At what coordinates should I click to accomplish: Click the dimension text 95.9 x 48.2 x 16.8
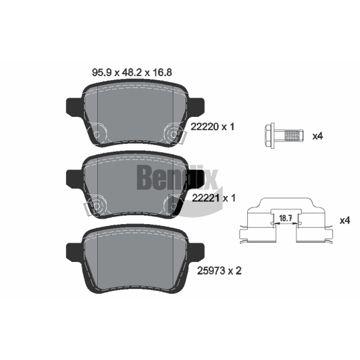coord(132,72)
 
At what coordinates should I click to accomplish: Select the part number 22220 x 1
coord(212,127)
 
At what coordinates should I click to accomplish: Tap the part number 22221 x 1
coord(213,198)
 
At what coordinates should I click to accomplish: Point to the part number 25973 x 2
coord(219,271)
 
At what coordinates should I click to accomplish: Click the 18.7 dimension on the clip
coord(285,218)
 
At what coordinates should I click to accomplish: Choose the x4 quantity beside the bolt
coord(318,136)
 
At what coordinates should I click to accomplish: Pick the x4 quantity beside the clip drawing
coord(345,220)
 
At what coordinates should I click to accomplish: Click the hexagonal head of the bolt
coord(270,135)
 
